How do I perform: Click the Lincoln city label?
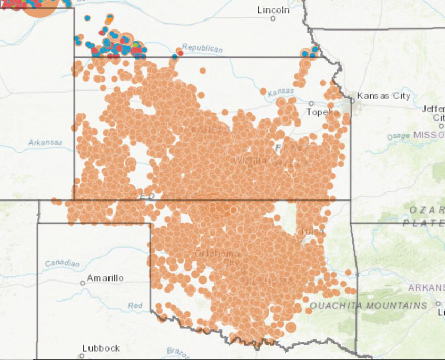(273, 10)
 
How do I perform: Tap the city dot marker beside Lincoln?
(273, 19)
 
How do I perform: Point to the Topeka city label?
(323, 112)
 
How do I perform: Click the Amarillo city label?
(105, 278)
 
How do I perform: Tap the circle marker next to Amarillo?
(82, 283)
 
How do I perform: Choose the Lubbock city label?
(101, 348)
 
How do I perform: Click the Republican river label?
(202, 48)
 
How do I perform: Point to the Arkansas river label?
(45, 142)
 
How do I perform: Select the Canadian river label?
(62, 263)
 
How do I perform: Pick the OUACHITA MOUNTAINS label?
(368, 306)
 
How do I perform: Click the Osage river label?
(398, 136)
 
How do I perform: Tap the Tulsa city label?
(312, 232)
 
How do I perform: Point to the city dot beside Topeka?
(311, 103)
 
